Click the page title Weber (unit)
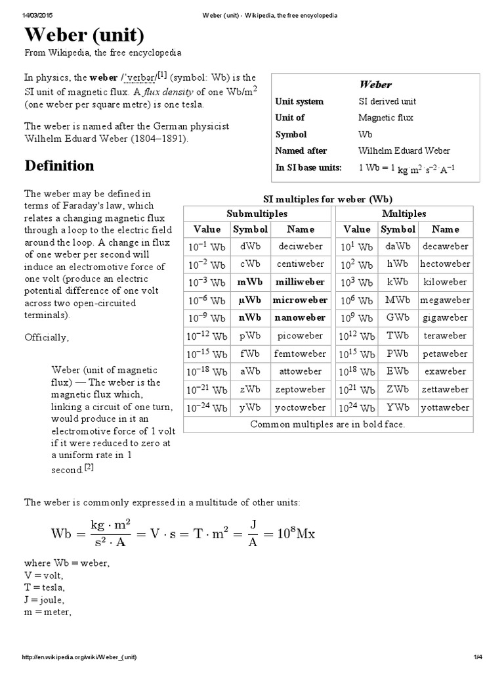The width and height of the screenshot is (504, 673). pos(85,35)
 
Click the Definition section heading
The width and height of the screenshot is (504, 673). pos(60,165)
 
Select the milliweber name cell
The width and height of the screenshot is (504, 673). pos(299,282)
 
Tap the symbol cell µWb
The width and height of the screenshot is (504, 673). pos(249,300)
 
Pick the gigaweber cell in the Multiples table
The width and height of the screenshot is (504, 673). pos(446,317)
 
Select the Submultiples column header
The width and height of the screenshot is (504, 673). pos(257,214)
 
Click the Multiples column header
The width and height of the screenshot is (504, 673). pos(404,214)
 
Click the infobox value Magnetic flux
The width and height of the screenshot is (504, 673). pos(385,118)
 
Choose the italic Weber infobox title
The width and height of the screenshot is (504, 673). pos(375,84)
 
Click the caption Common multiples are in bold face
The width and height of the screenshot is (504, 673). pos(328,424)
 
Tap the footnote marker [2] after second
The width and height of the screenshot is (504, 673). pos(89,468)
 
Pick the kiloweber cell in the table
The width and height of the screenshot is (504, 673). pos(446,282)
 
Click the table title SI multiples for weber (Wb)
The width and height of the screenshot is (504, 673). pos(328,198)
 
